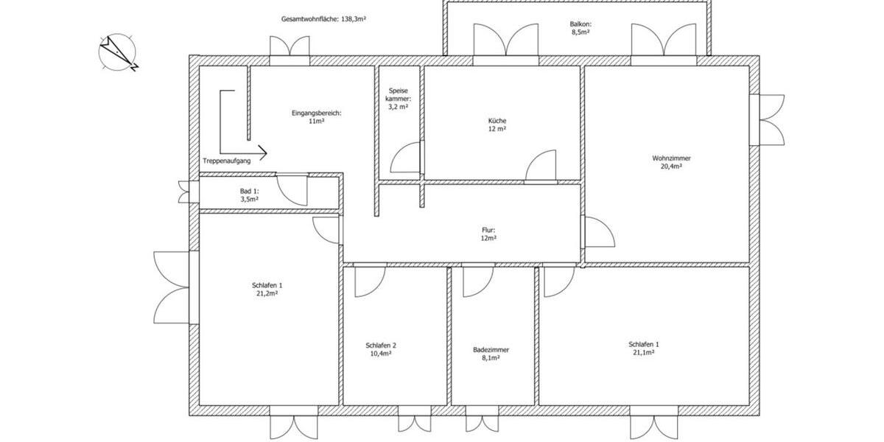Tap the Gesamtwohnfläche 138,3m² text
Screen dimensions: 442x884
click(x=324, y=19)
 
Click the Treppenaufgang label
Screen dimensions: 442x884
click(x=226, y=160)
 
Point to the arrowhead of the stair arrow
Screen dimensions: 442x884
click(x=262, y=153)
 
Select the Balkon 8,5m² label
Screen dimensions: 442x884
click(x=580, y=28)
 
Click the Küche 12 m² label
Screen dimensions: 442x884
click(x=497, y=124)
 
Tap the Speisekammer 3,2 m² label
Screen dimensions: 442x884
click(x=398, y=99)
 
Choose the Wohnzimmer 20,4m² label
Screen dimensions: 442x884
click(x=671, y=162)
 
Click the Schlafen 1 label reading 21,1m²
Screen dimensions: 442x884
click(x=644, y=348)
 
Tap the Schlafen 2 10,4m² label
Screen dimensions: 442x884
click(x=381, y=349)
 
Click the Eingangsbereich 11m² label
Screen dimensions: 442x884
click(x=317, y=117)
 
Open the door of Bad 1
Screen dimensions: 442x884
click(x=291, y=190)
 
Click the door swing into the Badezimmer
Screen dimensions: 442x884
click(x=477, y=281)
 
